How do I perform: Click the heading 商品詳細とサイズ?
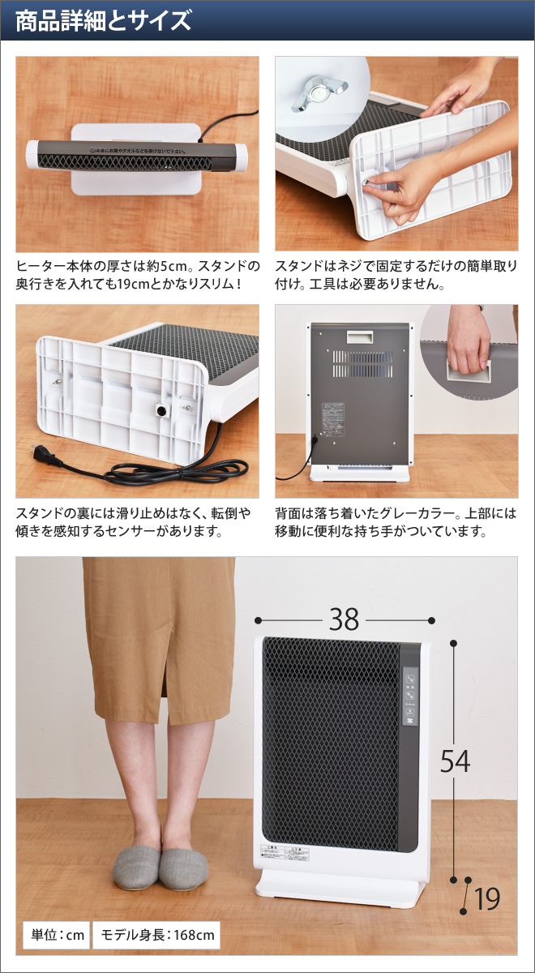[103, 20]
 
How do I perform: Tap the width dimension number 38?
[344, 619]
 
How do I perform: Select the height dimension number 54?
[455, 761]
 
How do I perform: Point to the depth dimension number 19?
[487, 898]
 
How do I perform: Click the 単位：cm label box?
[53, 935]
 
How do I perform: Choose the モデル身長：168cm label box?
[156, 935]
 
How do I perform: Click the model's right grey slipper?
[183, 868]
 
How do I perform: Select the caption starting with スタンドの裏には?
[134, 522]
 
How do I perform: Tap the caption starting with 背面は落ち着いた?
[396, 522]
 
